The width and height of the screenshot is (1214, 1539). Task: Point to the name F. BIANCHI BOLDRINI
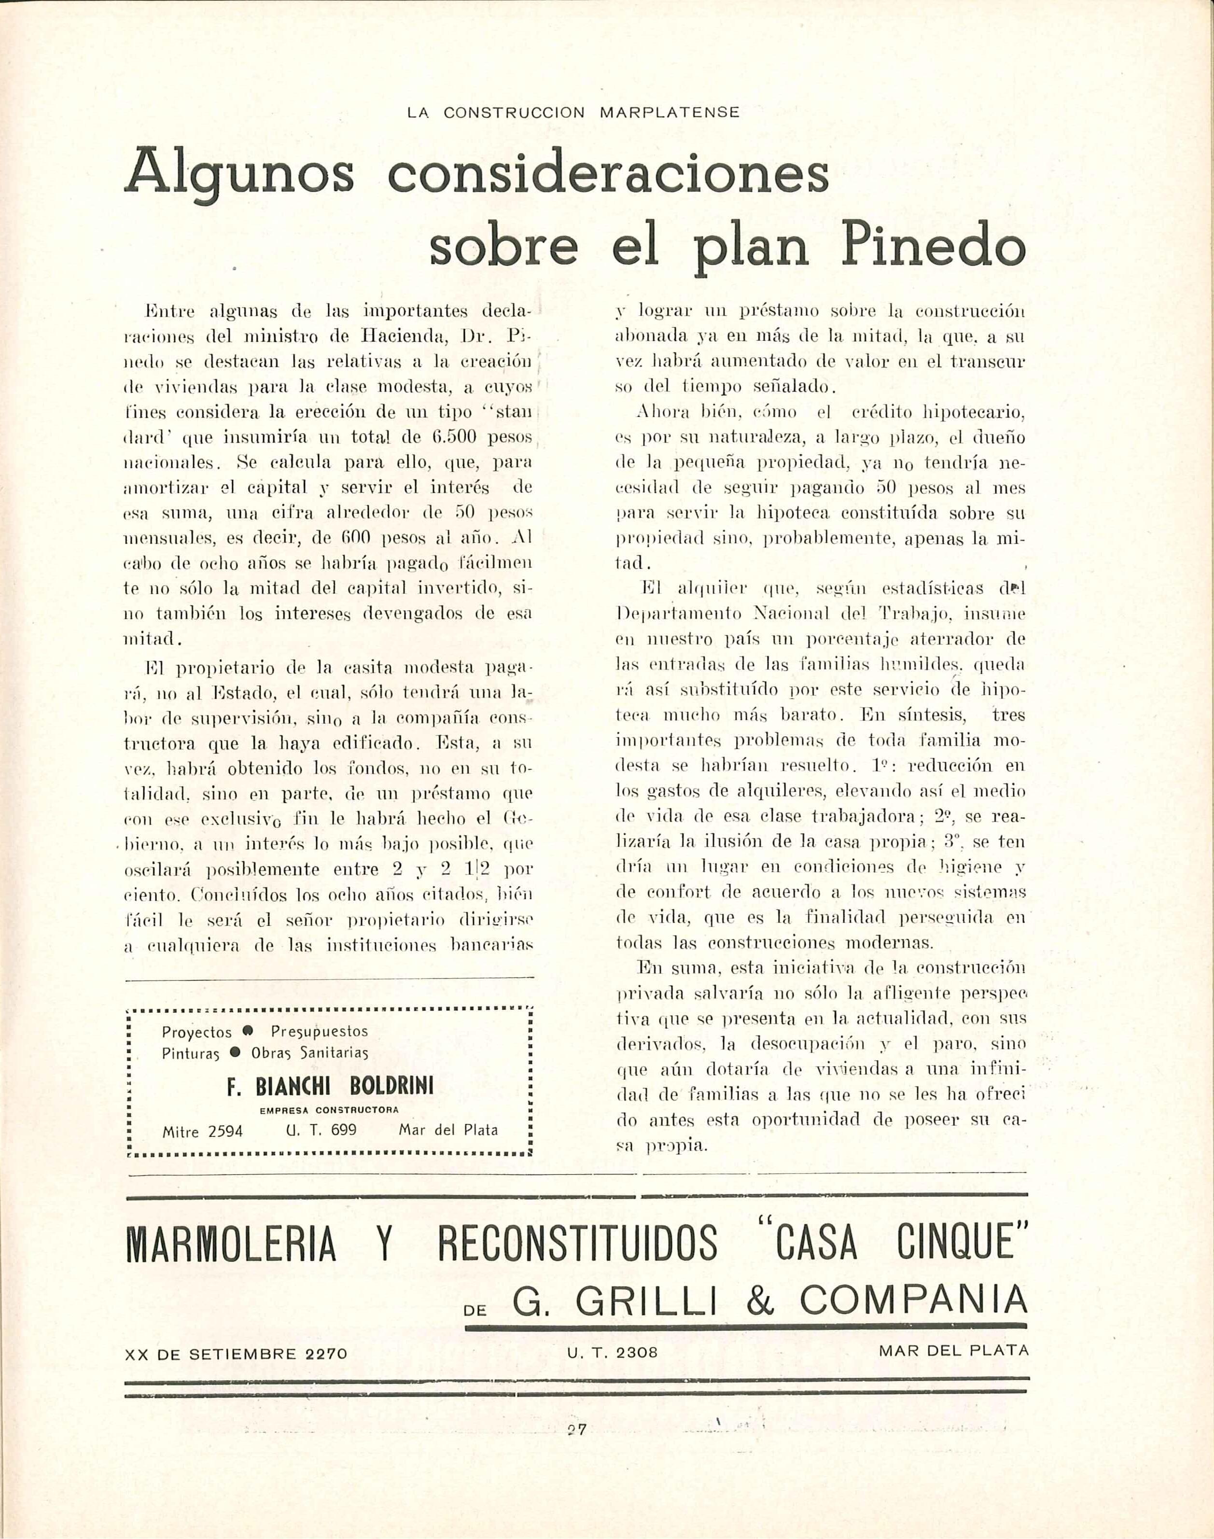pyautogui.click(x=330, y=1087)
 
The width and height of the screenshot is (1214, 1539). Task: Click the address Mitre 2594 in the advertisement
pyautogui.click(x=203, y=1132)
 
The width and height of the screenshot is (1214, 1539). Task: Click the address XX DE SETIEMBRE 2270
pyautogui.click(x=236, y=1354)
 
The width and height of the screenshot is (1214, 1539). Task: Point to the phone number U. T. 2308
pyautogui.click(x=613, y=1353)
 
